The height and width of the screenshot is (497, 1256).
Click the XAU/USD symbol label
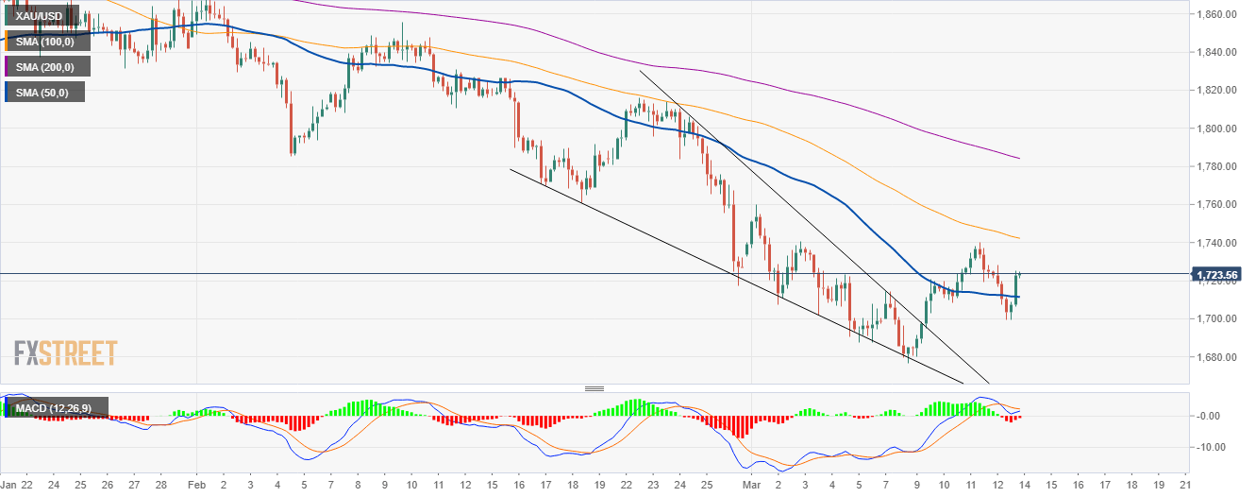41,16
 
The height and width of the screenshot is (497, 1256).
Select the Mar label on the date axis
750,485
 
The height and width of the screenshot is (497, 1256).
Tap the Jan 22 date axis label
19,485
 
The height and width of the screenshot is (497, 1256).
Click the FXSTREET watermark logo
65,353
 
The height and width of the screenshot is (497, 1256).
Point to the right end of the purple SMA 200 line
1019,158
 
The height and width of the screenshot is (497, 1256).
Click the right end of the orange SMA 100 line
1019,237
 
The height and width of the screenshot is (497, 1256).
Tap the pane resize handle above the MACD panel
594,388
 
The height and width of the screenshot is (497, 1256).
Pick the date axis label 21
1184,485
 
